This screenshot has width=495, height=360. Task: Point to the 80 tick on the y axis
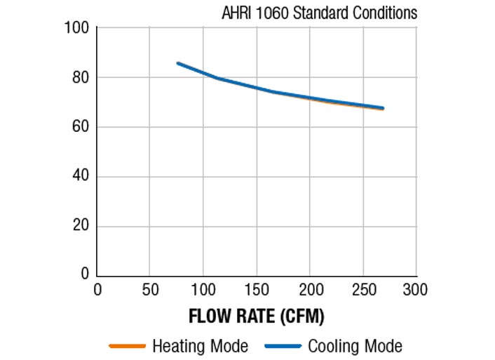pos(79,77)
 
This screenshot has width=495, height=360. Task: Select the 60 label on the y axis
pos(79,127)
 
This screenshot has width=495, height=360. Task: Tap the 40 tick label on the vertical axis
pos(79,176)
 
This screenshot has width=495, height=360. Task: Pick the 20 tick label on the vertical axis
pos(79,226)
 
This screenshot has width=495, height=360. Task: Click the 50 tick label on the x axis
pos(150,289)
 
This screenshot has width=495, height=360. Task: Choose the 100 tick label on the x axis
pos(203,289)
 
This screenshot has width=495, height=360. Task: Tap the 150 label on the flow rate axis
pos(257,289)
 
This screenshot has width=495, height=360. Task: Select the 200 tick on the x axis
pos(310,289)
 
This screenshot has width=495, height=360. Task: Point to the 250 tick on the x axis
pos(363,289)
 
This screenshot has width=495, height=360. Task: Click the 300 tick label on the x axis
pos(416,289)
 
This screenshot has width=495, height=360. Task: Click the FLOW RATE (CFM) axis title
pos(257,316)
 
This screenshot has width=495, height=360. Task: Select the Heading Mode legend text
pos(200,346)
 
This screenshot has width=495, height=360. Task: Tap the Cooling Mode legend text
pos(355,346)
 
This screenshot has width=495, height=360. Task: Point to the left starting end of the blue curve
pos(178,63)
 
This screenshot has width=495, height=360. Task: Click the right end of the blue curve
pos(383,108)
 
